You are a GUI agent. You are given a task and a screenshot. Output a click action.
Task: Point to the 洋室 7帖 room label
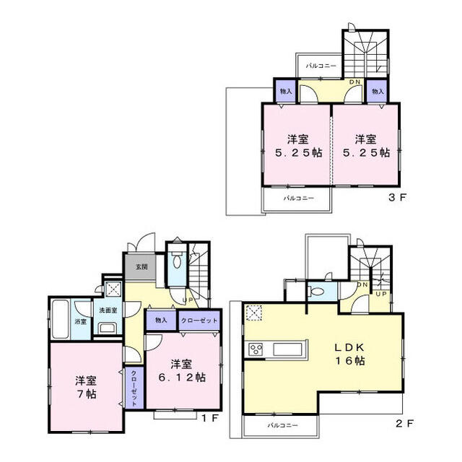coord(85,388)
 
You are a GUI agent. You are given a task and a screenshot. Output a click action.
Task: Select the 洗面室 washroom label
coord(108,310)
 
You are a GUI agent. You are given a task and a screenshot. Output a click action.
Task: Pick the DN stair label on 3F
coord(354,82)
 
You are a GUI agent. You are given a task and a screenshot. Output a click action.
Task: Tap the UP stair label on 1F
coord(186,300)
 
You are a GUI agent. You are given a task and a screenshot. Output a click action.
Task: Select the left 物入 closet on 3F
coord(286,92)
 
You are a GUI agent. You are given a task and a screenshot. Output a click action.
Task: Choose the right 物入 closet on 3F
coord(377,92)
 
